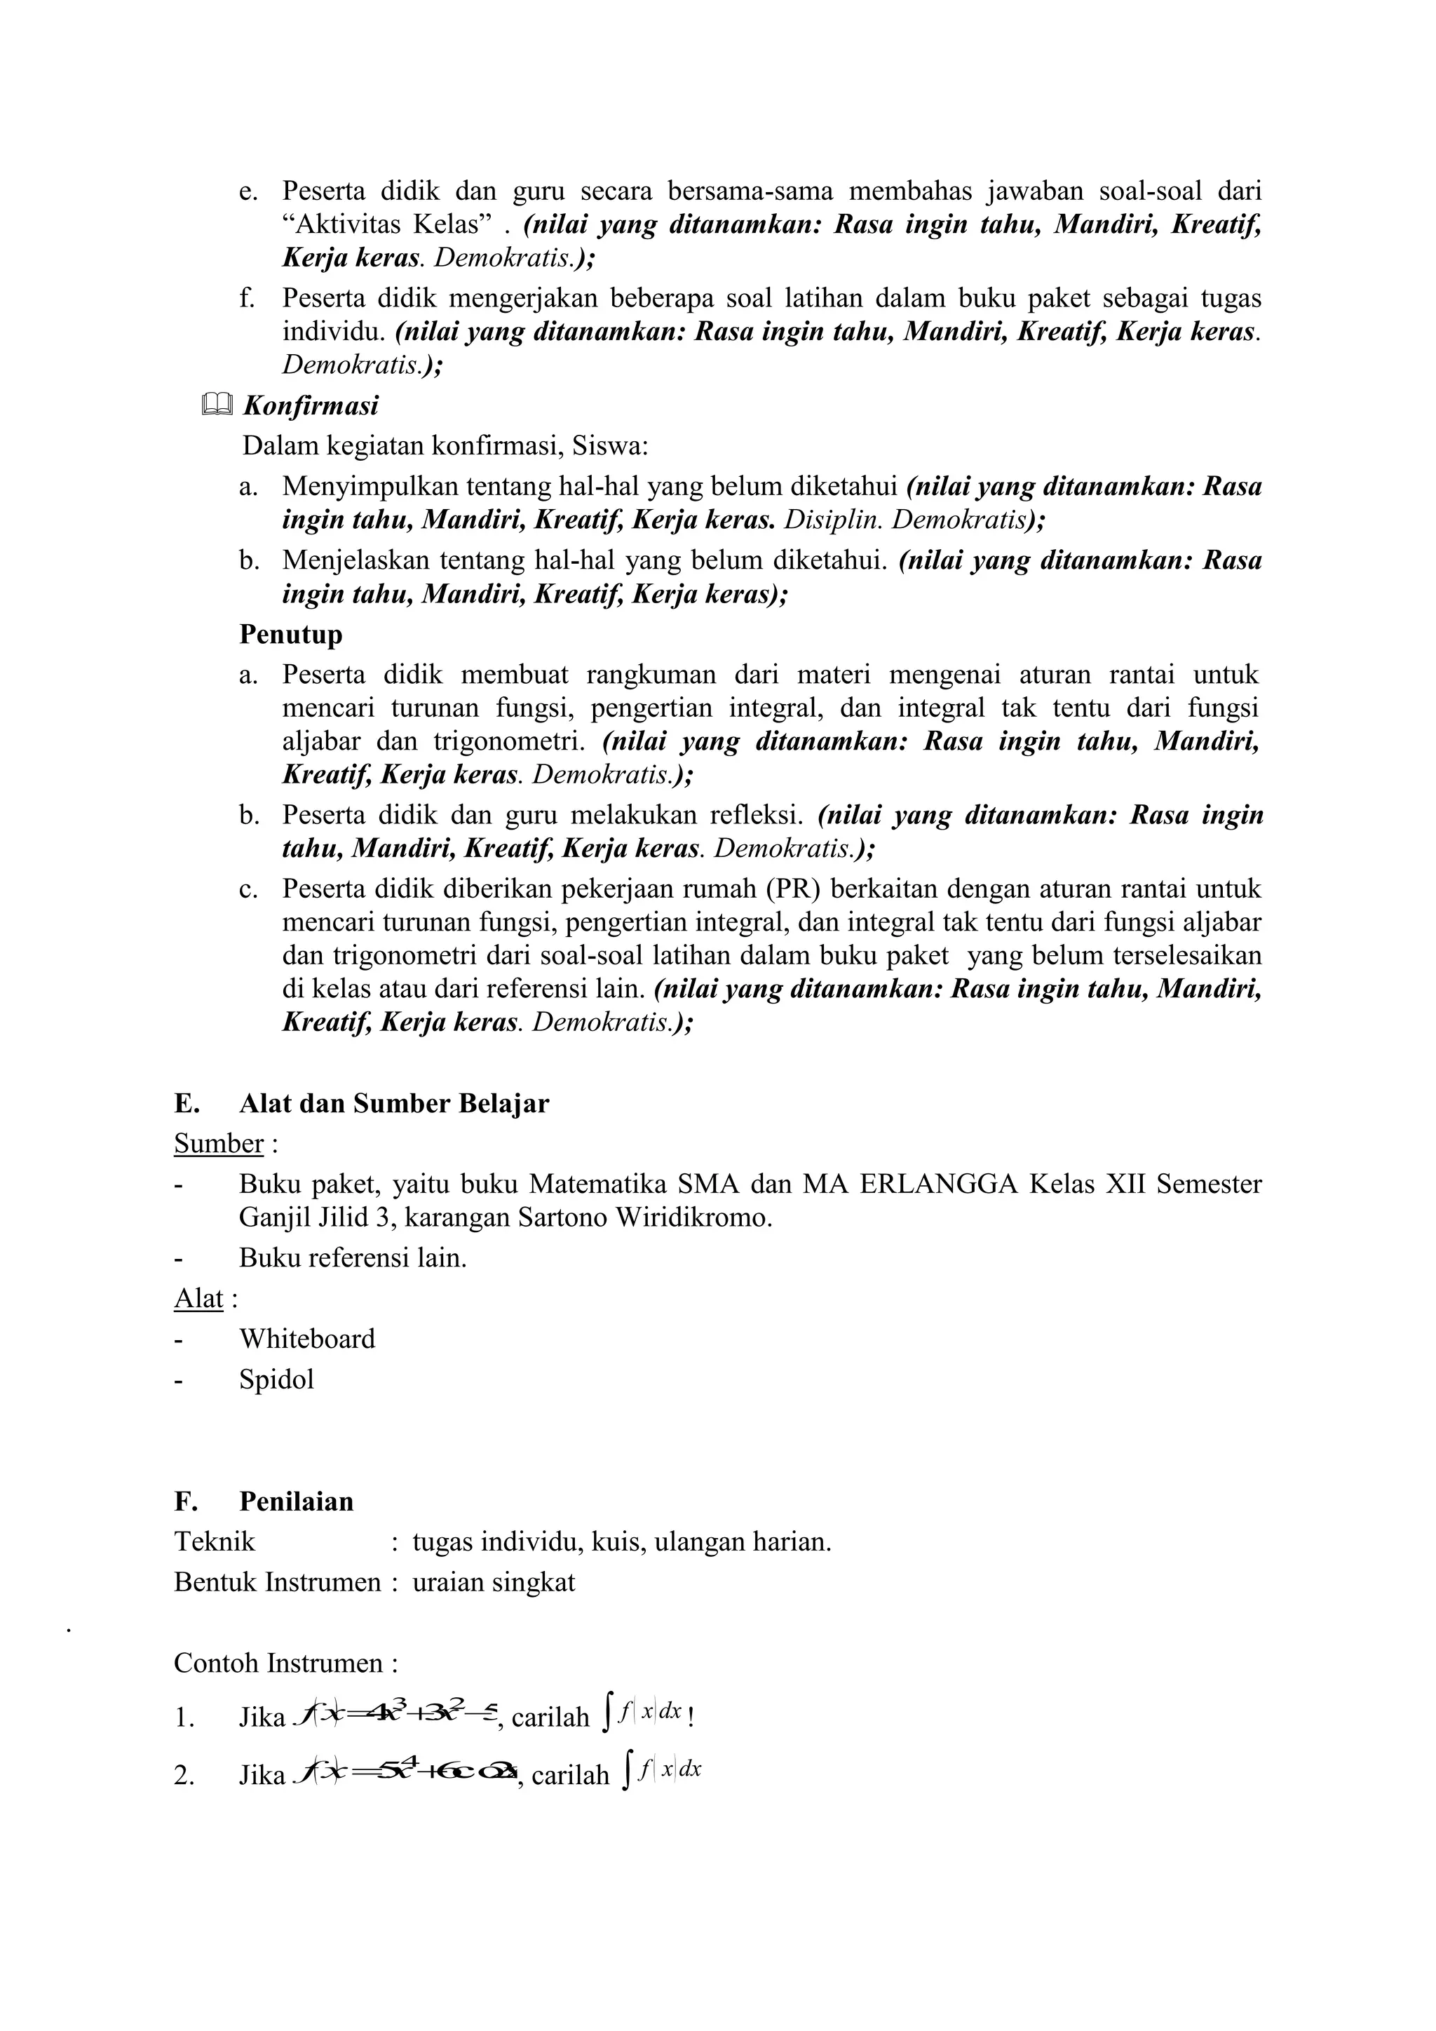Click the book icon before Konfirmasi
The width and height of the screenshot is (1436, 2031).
tap(217, 406)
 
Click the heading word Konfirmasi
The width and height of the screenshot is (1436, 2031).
tap(311, 406)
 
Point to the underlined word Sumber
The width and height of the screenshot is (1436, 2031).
tap(218, 1143)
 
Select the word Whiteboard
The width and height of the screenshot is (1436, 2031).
tap(307, 1338)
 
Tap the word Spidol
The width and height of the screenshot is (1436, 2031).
tap(276, 1379)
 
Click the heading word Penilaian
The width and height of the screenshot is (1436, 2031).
tap(296, 1501)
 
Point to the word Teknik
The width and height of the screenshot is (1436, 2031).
tap(214, 1541)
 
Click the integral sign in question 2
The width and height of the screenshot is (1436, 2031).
tap(626, 1772)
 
